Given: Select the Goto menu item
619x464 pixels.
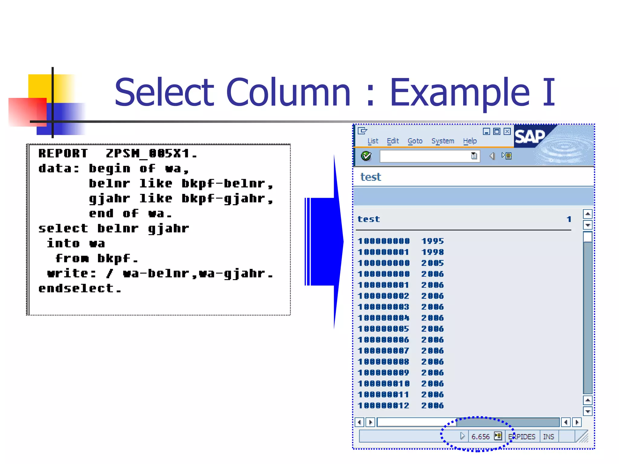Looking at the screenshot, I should point(415,141).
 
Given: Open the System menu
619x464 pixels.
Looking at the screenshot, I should point(442,141).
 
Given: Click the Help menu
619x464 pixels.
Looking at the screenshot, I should point(470,141).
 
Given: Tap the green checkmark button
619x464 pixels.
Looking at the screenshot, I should point(366,156).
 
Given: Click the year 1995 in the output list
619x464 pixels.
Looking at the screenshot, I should point(433,241).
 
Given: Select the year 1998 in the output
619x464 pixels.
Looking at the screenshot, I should point(433,252).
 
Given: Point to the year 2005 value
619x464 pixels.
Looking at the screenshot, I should point(433,263).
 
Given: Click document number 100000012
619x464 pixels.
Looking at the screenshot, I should point(383,405).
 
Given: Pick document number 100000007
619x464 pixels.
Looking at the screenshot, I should point(383,351).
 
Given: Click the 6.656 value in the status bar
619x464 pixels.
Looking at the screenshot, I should point(480,437).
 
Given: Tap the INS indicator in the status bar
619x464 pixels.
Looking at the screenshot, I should point(548,437).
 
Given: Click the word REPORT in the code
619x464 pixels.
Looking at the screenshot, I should point(63,153).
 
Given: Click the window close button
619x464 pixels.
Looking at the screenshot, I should point(507,131).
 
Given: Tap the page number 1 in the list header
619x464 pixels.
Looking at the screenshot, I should point(569,219).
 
